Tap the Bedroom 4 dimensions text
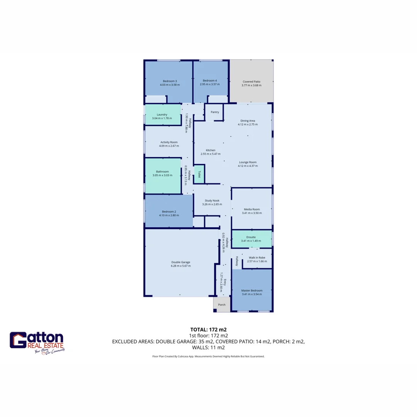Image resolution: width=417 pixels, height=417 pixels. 210,84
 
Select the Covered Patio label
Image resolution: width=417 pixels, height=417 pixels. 251,81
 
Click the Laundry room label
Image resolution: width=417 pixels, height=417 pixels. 162,114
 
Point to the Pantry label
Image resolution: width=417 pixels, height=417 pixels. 215,112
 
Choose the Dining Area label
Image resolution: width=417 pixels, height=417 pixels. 247,120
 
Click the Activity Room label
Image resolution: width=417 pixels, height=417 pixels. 168,142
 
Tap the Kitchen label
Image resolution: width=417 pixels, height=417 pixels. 210,150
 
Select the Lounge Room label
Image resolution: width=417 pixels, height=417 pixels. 247,162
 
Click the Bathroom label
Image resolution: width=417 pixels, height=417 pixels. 162,171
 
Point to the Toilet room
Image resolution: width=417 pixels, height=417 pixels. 199,174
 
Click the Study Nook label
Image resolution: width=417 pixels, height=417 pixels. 212,200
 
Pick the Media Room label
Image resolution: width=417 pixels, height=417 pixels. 252,209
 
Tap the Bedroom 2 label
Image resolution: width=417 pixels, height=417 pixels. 169,211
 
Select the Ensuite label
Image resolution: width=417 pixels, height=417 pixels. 251,237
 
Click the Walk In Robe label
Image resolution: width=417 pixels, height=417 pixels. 257,258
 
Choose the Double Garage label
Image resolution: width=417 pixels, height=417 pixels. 180,262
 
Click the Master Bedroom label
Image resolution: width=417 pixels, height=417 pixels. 252,290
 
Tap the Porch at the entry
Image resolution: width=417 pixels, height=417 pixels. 222,305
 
